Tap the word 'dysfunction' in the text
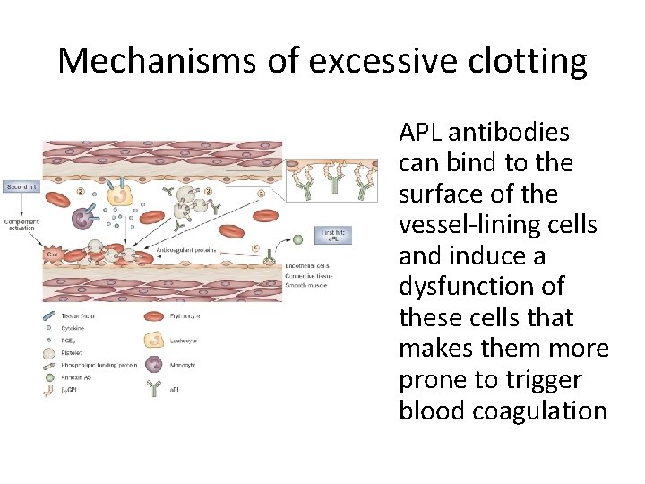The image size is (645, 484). (482, 287)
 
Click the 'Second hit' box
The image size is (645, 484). (21, 187)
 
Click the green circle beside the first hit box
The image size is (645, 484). (296, 239)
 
